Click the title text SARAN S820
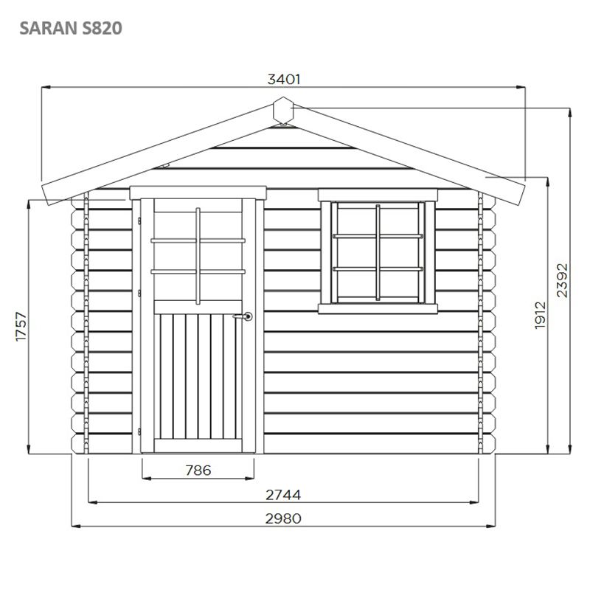(x=71, y=28)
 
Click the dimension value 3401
(x=284, y=80)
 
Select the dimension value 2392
(x=562, y=280)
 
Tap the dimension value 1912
(x=540, y=316)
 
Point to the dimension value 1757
(x=21, y=327)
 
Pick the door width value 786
(x=198, y=471)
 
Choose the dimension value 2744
(x=283, y=495)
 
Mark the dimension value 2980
(x=283, y=518)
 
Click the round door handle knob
(x=248, y=316)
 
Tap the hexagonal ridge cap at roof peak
(x=283, y=110)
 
